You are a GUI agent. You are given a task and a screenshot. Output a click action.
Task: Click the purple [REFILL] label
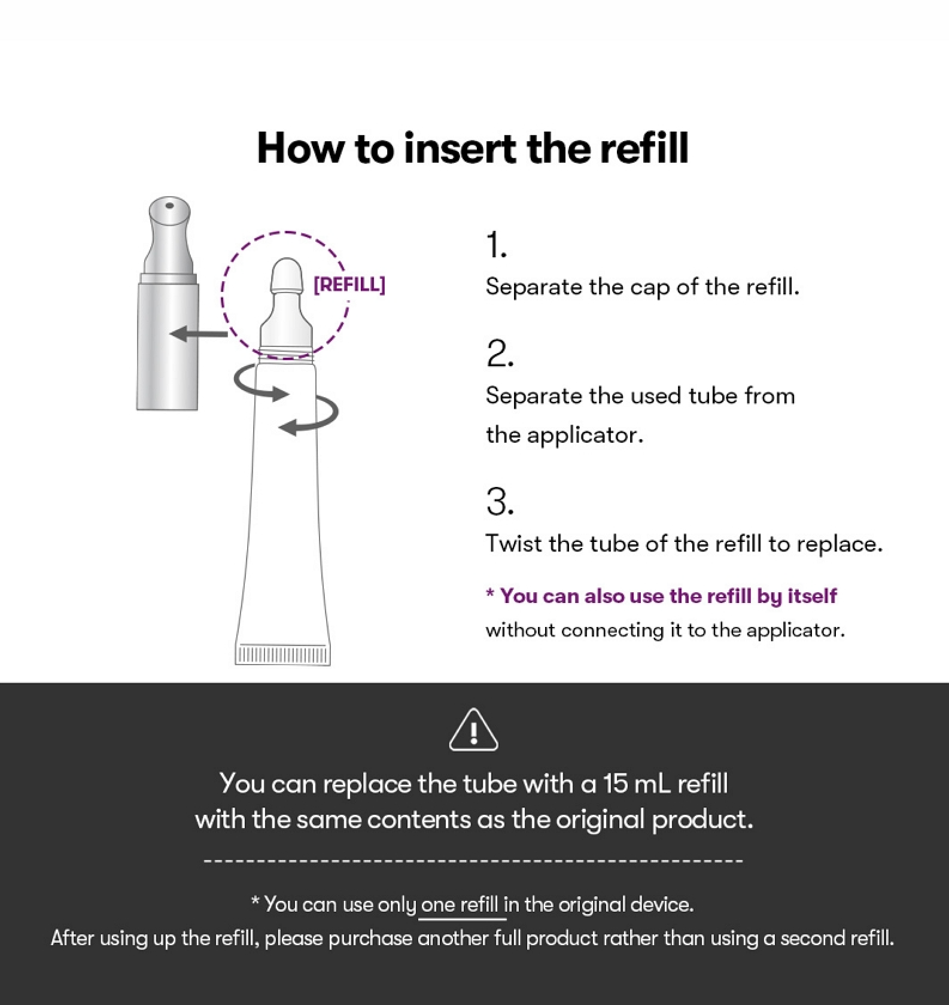pyautogui.click(x=349, y=285)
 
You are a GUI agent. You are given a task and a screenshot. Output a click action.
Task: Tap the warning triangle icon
pyautogui.click(x=473, y=729)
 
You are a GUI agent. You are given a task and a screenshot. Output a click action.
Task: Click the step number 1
pyautogui.click(x=497, y=245)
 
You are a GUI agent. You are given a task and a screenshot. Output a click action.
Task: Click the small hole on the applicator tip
pyautogui.click(x=169, y=206)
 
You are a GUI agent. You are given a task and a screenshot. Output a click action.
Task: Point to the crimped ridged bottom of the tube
pyautogui.click(x=282, y=654)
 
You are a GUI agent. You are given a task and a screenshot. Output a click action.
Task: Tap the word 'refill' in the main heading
pyautogui.click(x=644, y=148)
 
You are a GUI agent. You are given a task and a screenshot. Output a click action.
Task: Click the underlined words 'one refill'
pyautogui.click(x=460, y=904)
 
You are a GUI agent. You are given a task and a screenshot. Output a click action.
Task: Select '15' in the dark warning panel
pyautogui.click(x=615, y=784)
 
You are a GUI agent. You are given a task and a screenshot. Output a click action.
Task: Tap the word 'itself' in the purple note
pyautogui.click(x=812, y=596)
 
